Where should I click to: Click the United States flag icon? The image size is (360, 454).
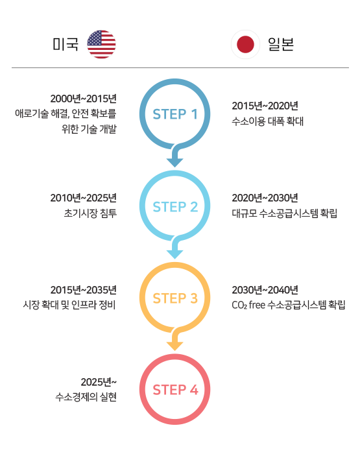101,44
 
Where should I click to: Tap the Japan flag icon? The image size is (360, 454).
245,44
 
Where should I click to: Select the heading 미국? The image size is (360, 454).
66,44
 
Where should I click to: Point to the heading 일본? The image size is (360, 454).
281,44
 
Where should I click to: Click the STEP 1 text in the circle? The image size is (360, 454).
175,114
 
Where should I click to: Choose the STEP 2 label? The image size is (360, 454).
175,207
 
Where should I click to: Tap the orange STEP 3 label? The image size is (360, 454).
175,298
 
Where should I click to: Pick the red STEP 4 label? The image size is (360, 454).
176,390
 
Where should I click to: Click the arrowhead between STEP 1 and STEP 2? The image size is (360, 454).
174,163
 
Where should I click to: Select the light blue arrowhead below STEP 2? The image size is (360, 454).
174,254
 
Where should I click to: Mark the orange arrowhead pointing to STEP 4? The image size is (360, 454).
174,346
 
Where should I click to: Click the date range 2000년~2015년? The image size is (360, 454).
84,99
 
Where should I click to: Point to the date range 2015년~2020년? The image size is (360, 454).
265,106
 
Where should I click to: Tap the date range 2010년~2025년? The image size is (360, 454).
84,198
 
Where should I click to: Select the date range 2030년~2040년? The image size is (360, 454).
265,290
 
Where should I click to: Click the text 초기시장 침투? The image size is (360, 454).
90,213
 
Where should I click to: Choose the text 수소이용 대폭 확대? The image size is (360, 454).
268,121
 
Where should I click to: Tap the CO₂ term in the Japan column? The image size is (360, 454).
239,305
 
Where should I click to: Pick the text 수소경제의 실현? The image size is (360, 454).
86,397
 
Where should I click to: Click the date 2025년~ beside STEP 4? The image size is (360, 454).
99,382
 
